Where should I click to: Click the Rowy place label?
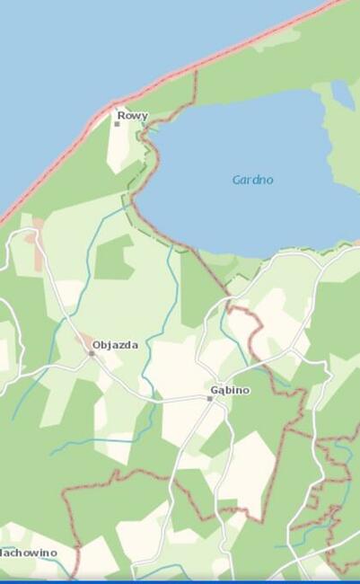coord(132,116)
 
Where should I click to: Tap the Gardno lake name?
coord(252,180)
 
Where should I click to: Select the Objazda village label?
coord(116,345)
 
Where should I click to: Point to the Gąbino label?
coord(230,391)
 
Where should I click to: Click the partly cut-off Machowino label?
coord(28,553)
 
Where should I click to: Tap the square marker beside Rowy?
coord(117,123)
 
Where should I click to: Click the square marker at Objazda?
coord(91,353)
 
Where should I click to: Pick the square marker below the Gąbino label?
coord(210,398)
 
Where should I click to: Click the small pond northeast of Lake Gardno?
coord(342,93)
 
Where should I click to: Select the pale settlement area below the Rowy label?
coord(119,148)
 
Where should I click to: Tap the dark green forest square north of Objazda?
coord(113,259)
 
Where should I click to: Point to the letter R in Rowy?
coord(121,116)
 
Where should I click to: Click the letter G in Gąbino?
coord(214,391)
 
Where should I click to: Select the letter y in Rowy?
coord(145,117)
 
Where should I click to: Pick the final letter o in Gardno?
coord(269,180)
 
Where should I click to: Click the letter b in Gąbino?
coord(228,391)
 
